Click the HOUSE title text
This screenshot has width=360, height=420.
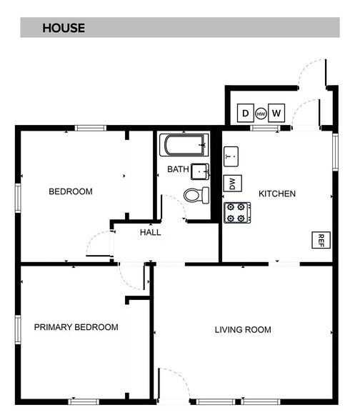click(64, 29)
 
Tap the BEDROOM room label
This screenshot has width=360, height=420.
click(71, 191)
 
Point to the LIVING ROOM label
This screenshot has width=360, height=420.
click(243, 329)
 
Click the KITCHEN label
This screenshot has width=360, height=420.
click(276, 194)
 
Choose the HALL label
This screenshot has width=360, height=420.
click(150, 232)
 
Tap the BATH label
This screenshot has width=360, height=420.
click(177, 169)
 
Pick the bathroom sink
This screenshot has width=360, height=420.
click(200, 171)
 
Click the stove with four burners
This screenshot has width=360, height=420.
click(237, 212)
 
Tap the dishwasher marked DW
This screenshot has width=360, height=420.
click(231, 184)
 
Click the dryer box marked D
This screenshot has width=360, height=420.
click(245, 113)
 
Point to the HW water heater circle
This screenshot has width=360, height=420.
click(261, 114)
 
